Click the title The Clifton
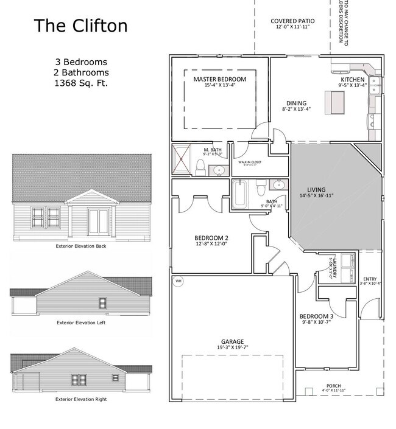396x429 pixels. tap(80, 26)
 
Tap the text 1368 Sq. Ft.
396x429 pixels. tap(80, 83)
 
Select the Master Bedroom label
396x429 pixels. tap(220, 80)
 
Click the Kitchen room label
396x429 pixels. tap(353, 80)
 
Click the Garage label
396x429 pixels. tap(232, 341)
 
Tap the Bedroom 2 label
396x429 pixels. tap(211, 237)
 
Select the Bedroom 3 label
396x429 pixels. tap(316, 316)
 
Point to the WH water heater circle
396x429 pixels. tap(179, 281)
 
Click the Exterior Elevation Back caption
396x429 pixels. tap(80, 246)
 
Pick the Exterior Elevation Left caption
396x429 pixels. tap(80, 322)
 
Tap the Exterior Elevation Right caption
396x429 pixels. tap(80, 399)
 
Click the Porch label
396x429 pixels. tap(333, 386)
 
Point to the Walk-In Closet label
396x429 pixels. tap(250, 162)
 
